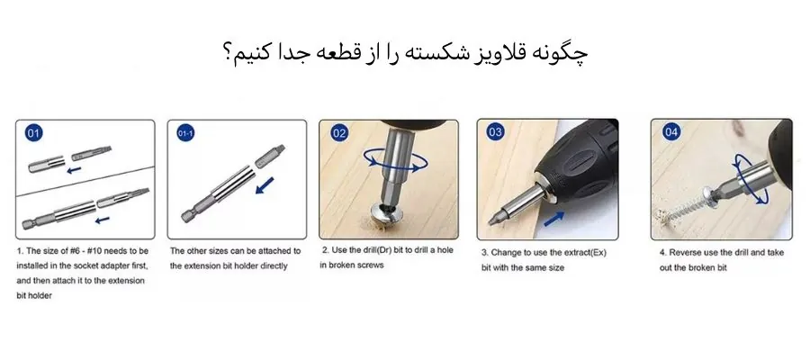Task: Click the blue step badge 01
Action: tap(34, 134)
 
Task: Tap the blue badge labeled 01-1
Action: tap(185, 133)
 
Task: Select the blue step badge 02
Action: tap(339, 134)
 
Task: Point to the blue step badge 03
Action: tap(495, 132)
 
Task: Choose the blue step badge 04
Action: tap(670, 132)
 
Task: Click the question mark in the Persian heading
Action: tap(228, 55)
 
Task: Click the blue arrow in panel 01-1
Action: tap(265, 184)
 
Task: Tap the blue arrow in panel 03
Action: tap(553, 218)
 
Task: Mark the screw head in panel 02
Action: tap(385, 211)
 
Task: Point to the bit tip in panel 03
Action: tap(491, 220)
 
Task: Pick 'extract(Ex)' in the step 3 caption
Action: tap(585, 253)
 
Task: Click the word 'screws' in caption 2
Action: tap(371, 265)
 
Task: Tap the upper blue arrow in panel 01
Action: tap(75, 169)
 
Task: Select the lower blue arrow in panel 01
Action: tap(103, 220)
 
